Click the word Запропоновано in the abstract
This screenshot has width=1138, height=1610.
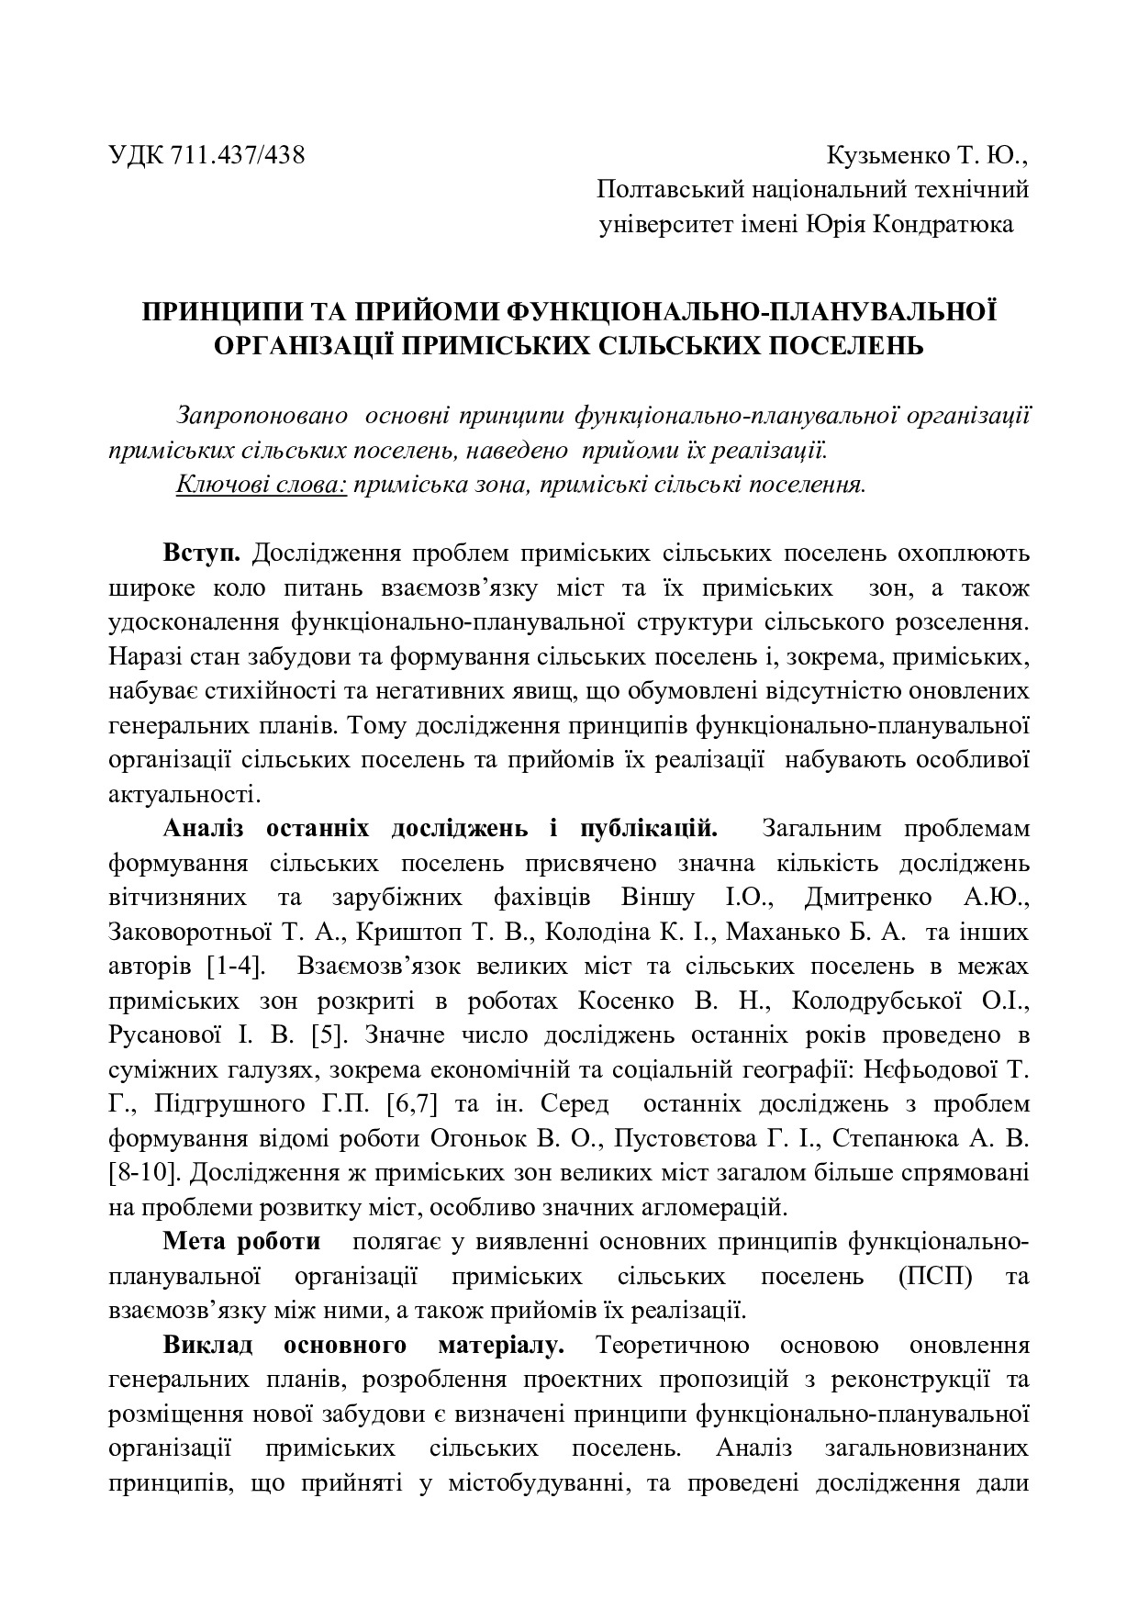262,415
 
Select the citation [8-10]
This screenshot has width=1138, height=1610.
146,1172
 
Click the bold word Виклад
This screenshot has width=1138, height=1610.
208,1346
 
